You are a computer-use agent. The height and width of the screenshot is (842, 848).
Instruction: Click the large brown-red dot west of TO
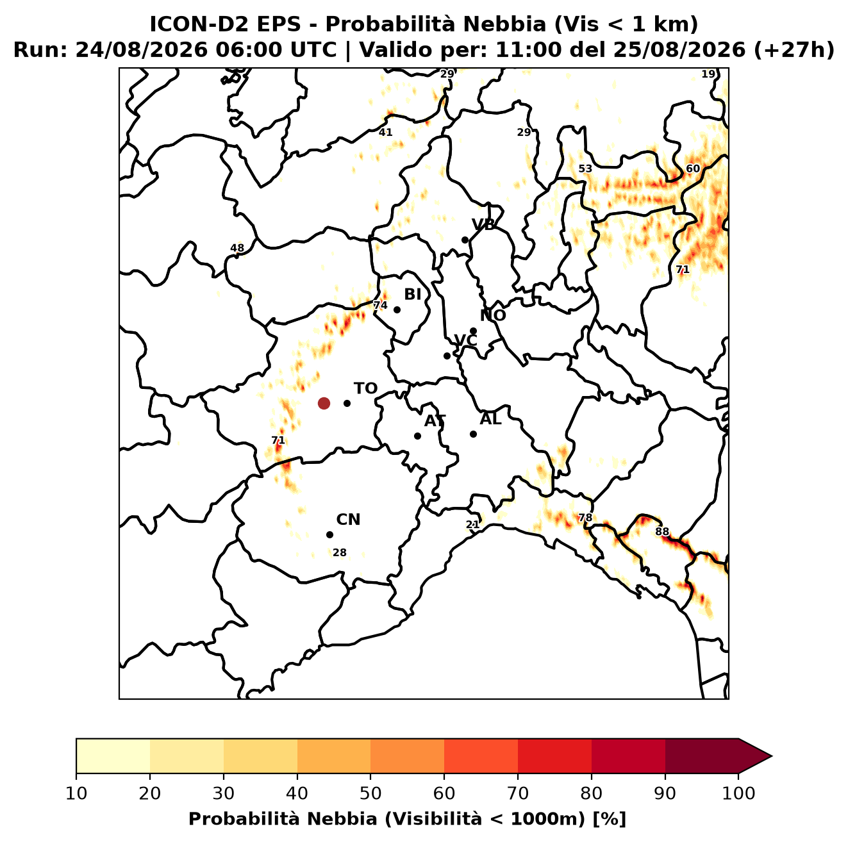click(324, 403)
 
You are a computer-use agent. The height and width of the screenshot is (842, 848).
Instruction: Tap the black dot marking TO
click(347, 403)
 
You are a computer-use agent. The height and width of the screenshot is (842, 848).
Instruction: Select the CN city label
click(348, 520)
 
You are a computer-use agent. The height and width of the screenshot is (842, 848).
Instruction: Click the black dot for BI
click(397, 310)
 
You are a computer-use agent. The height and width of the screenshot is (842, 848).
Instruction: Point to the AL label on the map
click(490, 419)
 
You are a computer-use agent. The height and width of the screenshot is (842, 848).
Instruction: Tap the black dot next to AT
click(417, 436)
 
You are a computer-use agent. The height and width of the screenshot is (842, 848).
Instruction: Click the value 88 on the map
click(662, 532)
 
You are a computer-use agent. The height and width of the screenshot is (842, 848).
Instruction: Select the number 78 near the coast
click(585, 518)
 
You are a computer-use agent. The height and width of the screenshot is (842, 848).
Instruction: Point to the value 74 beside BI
click(380, 305)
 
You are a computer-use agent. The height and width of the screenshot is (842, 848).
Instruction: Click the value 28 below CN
click(339, 552)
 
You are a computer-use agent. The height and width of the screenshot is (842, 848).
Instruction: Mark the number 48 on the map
click(237, 248)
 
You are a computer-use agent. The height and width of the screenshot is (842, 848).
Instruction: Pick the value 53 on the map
click(585, 169)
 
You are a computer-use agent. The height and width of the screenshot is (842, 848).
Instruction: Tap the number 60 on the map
click(693, 169)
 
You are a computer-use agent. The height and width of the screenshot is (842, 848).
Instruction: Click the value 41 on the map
click(385, 132)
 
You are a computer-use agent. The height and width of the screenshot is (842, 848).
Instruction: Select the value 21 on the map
click(472, 524)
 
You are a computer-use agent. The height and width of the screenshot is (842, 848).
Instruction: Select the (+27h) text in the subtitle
click(794, 50)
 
